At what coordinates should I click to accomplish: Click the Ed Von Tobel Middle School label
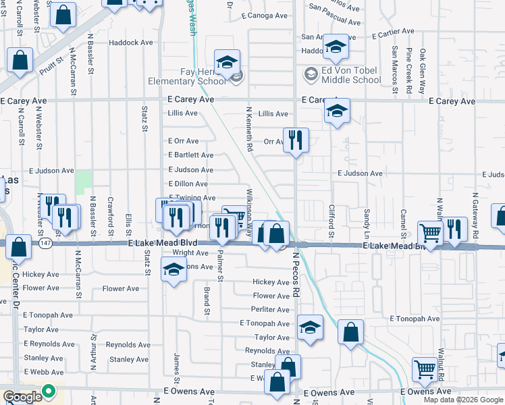pos(351,74)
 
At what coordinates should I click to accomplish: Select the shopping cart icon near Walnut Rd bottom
pos(425,369)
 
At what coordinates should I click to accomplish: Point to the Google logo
pos(22,397)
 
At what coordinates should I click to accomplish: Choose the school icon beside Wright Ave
pos(174,270)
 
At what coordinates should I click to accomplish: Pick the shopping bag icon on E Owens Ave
pos(277,382)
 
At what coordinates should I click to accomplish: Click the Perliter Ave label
pos(270,309)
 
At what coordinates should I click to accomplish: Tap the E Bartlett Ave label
pos(190,155)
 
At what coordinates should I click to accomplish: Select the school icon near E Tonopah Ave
pos(310,328)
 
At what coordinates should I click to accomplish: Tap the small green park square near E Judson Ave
pos(84,182)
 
